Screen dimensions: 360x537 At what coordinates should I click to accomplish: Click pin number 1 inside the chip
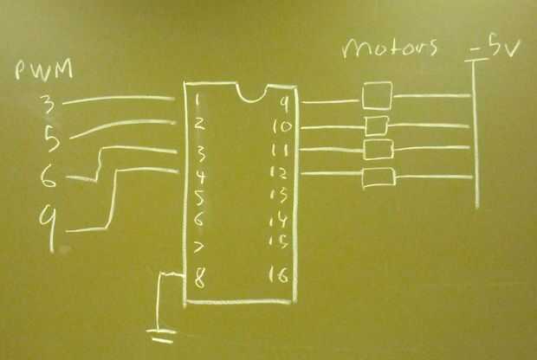pyautogui.click(x=199, y=101)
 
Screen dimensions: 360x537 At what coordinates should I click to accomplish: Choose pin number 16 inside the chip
pyautogui.click(x=280, y=278)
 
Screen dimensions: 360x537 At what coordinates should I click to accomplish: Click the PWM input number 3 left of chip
pyautogui.click(x=49, y=106)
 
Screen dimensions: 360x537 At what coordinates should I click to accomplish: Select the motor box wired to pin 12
pyautogui.click(x=378, y=178)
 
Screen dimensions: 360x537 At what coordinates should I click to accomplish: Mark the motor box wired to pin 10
pyautogui.click(x=375, y=126)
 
